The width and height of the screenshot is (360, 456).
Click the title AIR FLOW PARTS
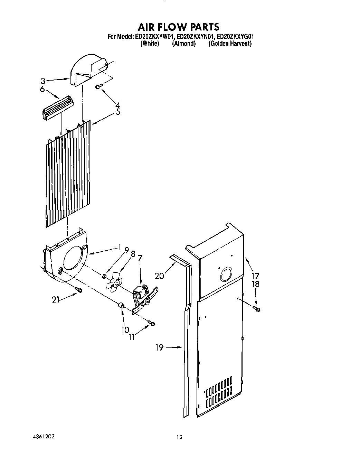179,27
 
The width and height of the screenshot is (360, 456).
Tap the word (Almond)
184,44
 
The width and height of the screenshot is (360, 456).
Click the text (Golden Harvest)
230,44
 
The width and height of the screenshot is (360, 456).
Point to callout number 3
43,81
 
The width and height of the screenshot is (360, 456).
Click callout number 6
42,89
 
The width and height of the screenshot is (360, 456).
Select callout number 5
118,112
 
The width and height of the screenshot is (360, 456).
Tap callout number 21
56,300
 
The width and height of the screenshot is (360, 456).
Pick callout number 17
256,276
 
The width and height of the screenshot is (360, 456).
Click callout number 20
159,276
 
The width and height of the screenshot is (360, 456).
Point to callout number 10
125,330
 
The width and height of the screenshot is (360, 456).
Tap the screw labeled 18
256,308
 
